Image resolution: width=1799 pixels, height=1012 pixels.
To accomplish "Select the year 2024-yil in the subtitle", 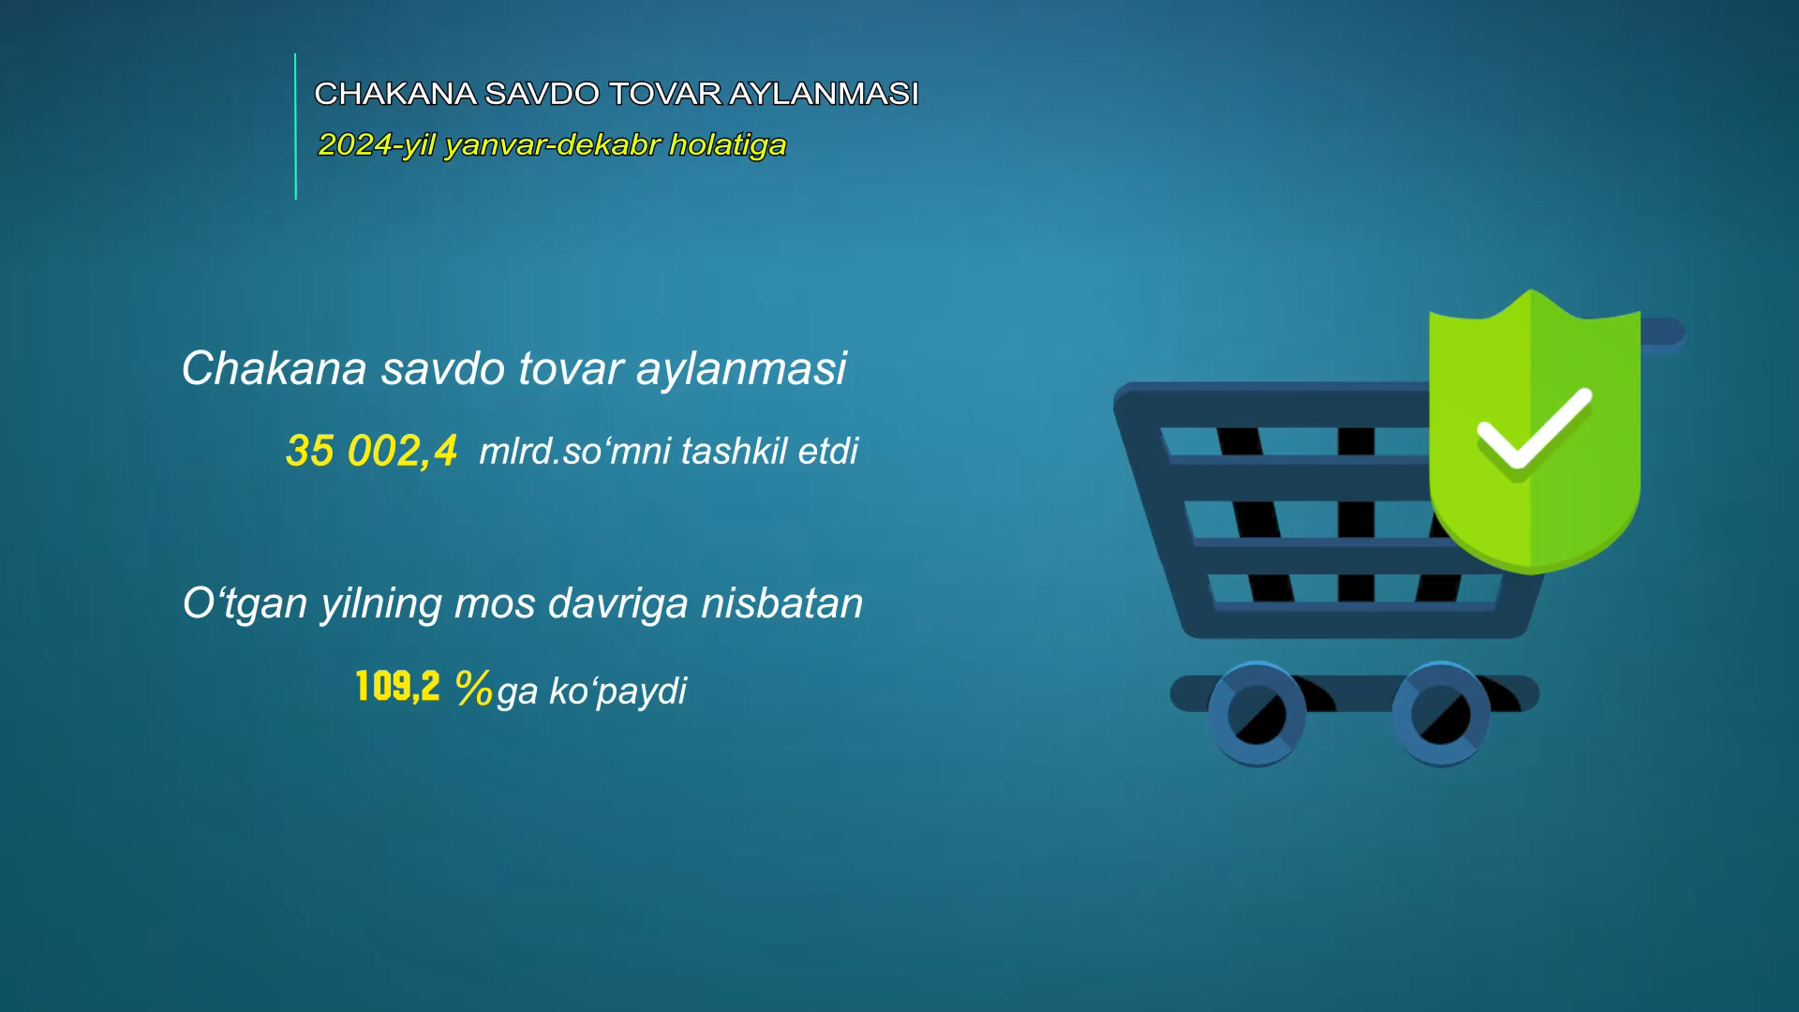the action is (x=377, y=146).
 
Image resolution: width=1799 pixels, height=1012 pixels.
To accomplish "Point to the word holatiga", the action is (x=728, y=145).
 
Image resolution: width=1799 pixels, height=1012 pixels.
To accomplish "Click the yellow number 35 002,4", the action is (x=372, y=451).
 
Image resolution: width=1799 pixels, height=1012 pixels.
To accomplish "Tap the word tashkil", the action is (x=735, y=451).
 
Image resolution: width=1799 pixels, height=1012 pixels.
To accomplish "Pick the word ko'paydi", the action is (x=618, y=692).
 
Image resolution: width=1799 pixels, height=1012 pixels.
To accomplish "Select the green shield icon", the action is (x=1534, y=431).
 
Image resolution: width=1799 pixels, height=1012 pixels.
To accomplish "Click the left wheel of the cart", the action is (x=1256, y=714).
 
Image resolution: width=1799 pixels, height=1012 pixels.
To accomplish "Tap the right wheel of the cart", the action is (x=1440, y=714).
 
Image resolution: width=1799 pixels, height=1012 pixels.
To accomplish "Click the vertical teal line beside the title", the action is (x=295, y=126).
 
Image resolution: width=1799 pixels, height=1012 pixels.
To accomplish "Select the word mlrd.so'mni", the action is (x=575, y=452).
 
